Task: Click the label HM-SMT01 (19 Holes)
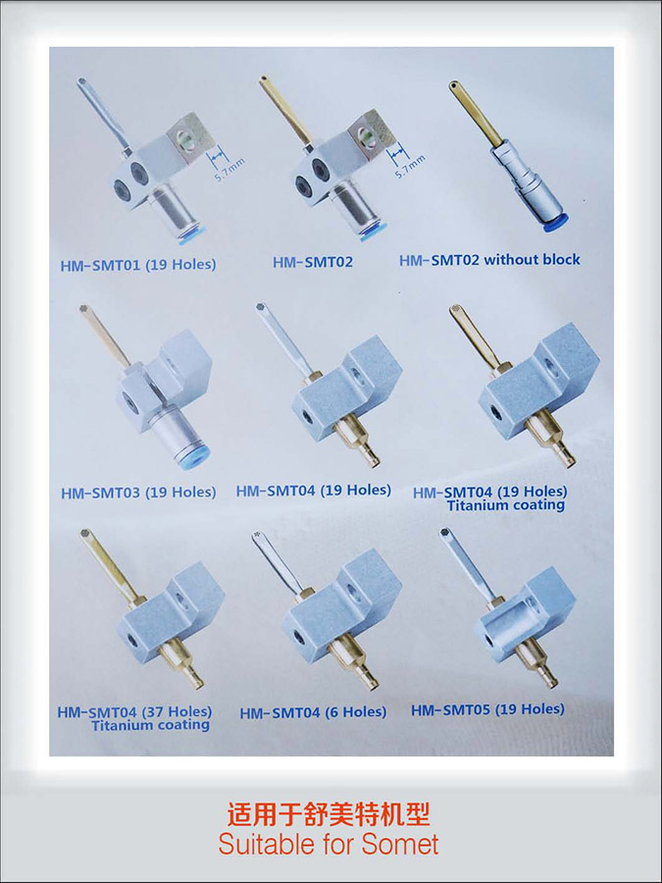pos(138,265)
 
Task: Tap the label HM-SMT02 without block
pos(489,260)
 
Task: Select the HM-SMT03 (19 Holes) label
pos(138,493)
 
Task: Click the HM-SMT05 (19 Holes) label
pos(487,709)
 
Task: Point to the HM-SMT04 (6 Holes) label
pos(313,712)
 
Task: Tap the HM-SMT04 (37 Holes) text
pos(134,712)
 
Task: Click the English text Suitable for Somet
pos(329,844)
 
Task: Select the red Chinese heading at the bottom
pos(329,813)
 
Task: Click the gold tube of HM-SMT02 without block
pos(477,113)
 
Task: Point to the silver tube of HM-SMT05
pos(467,564)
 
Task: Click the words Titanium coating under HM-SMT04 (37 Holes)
pos(150,725)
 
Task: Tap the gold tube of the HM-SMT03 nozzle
pos(105,337)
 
